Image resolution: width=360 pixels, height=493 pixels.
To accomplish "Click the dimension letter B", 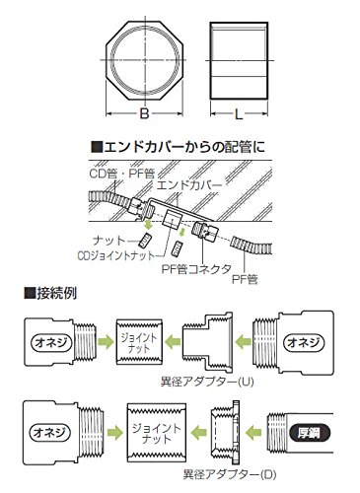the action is click(x=144, y=113).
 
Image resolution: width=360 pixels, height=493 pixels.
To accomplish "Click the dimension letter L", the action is click(x=239, y=114).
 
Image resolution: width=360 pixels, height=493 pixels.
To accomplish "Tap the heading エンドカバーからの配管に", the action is click(x=178, y=147).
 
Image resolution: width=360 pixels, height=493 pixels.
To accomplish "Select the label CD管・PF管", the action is click(x=122, y=174).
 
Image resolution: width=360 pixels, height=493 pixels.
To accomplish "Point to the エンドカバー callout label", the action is click(x=189, y=185).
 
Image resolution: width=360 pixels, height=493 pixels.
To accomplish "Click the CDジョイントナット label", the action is click(x=116, y=255).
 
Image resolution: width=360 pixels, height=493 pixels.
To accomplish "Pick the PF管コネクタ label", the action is click(x=196, y=269).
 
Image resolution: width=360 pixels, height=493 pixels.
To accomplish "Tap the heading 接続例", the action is click(x=50, y=293).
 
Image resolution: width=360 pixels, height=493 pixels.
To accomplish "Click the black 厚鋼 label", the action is click(x=310, y=433).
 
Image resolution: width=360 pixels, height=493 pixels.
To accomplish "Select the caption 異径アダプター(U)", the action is click(x=207, y=382).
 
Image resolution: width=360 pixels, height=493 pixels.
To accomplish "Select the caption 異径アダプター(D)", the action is click(x=230, y=474).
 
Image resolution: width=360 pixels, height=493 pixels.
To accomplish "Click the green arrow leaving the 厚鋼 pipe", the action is click(x=253, y=432).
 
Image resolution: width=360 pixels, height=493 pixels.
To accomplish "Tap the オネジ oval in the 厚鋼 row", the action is click(x=50, y=432).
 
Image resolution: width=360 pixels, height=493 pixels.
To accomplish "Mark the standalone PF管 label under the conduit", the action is click(x=245, y=279).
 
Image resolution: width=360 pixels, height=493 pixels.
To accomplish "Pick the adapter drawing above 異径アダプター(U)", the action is click(x=208, y=341).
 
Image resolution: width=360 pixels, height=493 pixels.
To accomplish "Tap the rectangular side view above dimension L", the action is click(x=239, y=60).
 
